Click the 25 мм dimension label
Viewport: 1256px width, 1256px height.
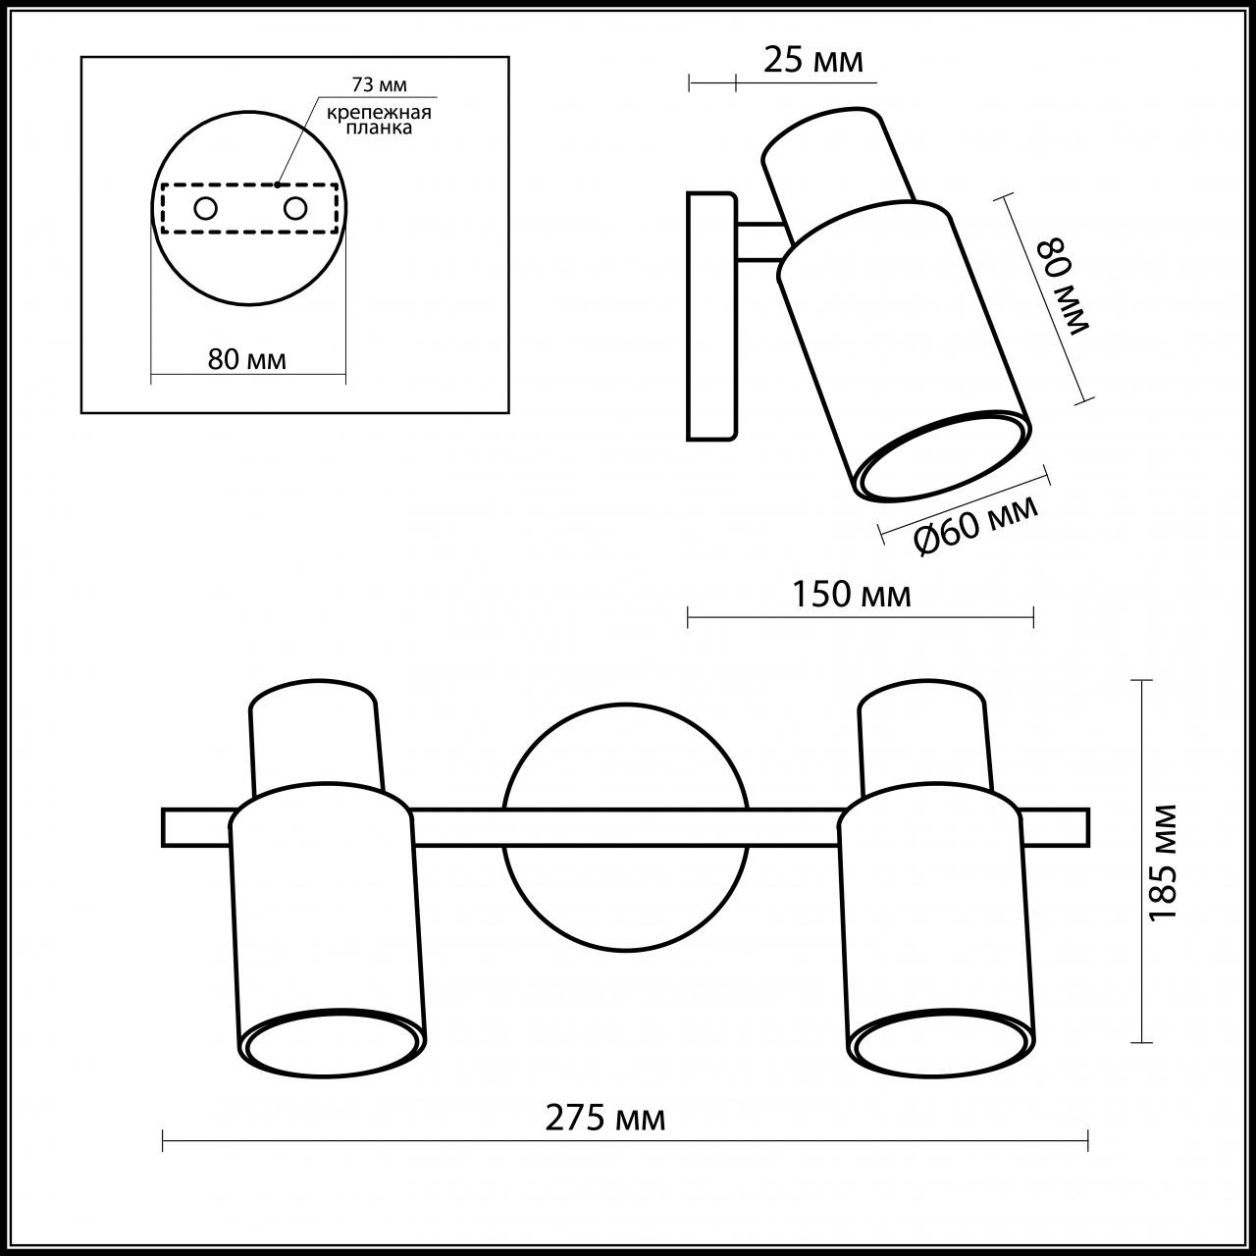coord(812,61)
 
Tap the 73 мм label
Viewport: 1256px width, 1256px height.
coord(380,84)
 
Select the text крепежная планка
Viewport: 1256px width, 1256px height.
coord(379,120)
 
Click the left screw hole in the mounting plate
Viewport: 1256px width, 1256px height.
coord(205,209)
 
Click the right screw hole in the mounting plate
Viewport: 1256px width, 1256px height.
coord(294,209)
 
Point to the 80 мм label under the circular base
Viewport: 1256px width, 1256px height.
coord(247,359)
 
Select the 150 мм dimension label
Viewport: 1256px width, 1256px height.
coord(852,595)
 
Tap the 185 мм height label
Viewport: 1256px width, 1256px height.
coord(1163,863)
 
